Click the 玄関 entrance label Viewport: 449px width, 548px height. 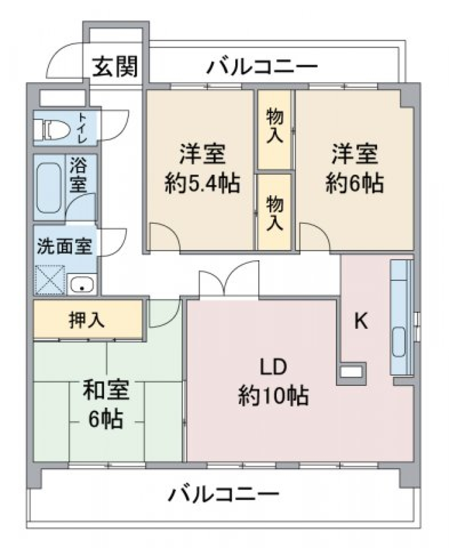(x=115, y=67)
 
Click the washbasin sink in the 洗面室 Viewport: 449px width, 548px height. (x=82, y=284)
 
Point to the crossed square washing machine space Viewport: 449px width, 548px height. (x=51, y=279)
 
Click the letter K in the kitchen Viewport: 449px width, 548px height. (x=360, y=321)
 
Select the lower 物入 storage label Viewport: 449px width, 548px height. (x=275, y=212)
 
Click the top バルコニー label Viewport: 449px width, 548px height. (x=262, y=67)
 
